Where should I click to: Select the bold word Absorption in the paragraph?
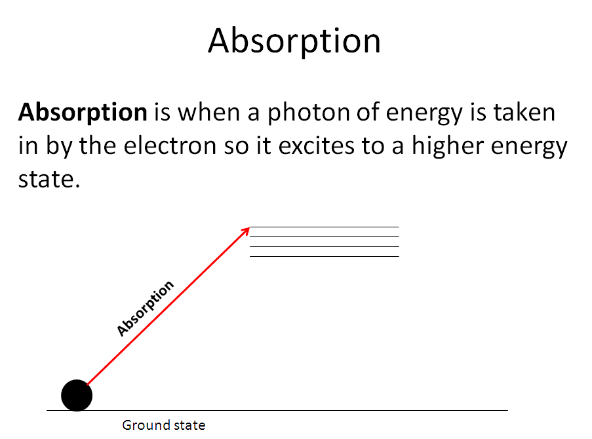click(83, 113)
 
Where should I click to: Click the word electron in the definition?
click(170, 146)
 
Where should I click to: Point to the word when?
click(208, 112)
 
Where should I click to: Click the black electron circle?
click(77, 395)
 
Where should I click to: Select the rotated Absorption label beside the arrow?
click(145, 308)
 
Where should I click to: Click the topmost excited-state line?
click(325, 227)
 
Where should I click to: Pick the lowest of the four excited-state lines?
click(325, 257)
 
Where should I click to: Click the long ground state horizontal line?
click(277, 410)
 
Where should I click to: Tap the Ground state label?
click(164, 425)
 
